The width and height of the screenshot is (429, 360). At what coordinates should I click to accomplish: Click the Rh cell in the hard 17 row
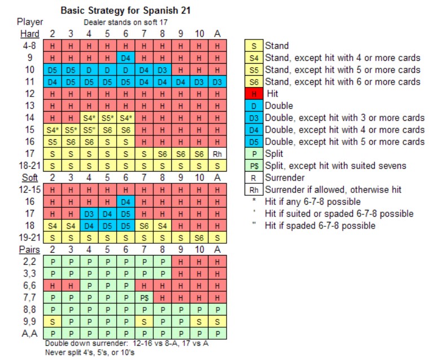click(x=217, y=153)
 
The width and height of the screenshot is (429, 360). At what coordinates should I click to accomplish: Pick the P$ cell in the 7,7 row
click(x=144, y=296)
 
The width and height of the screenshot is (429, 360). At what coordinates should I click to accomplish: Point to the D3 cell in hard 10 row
click(x=162, y=69)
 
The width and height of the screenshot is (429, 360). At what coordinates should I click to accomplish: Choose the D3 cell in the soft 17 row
click(x=89, y=213)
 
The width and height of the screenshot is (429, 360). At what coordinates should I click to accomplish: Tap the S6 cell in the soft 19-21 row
click(x=198, y=237)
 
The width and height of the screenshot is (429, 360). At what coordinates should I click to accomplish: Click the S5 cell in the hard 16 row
click(x=52, y=141)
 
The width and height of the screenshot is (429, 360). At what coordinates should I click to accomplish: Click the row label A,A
click(x=25, y=332)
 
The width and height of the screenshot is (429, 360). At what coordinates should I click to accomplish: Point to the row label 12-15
click(x=25, y=189)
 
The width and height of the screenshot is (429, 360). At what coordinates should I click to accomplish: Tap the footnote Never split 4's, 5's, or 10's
click(x=91, y=352)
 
